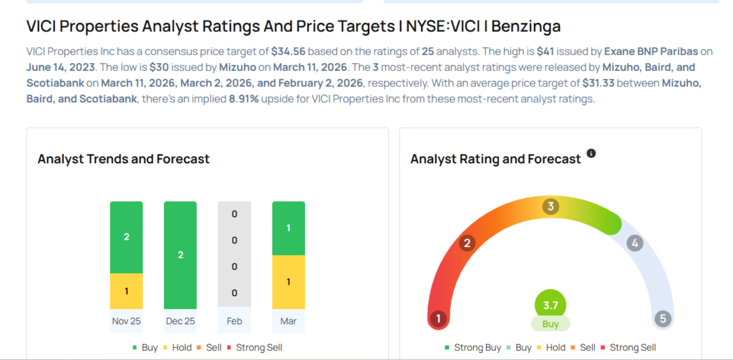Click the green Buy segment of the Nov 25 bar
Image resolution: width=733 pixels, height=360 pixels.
[x=126, y=237]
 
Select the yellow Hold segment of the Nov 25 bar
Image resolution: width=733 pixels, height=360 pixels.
[x=126, y=291]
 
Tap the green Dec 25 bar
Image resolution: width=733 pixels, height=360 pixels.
[x=180, y=255]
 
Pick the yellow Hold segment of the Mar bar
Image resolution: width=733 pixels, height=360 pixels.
[x=288, y=282]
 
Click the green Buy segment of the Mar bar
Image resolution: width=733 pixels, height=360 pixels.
[x=288, y=228]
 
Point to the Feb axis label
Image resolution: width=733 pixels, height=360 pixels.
[x=234, y=321]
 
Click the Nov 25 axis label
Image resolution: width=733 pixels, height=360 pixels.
[x=126, y=321]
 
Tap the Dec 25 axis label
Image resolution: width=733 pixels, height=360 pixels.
[x=180, y=321]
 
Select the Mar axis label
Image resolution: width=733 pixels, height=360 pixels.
[x=288, y=321]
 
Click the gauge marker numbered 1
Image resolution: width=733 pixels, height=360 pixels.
[x=437, y=318]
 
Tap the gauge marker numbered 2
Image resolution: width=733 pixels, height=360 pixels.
[x=467, y=243]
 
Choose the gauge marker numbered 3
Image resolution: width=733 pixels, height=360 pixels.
[x=550, y=207]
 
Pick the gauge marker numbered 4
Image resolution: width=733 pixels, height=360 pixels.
[x=634, y=243]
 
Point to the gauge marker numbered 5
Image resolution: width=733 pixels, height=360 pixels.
[x=663, y=318]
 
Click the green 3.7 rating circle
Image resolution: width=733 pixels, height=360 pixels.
[x=550, y=304]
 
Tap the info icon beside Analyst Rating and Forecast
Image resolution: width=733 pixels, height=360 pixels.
[x=591, y=154]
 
